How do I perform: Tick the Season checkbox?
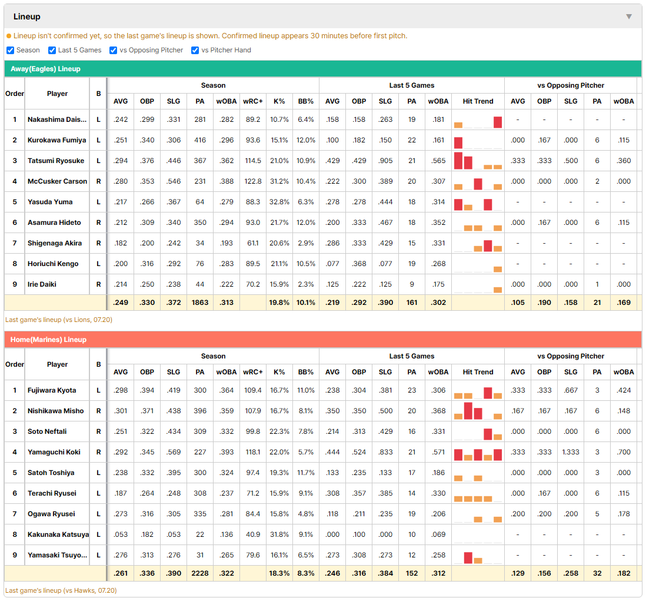click(11, 50)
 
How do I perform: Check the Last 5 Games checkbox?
click(52, 50)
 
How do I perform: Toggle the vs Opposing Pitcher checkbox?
click(114, 50)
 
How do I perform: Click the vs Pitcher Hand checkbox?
click(195, 50)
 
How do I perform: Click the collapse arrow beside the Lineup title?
click(629, 16)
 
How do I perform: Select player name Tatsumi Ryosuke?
click(56, 161)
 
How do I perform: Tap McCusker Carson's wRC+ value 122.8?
click(253, 181)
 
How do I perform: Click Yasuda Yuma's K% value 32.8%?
click(279, 202)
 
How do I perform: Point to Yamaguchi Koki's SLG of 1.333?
click(571, 452)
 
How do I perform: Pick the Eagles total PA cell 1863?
click(200, 303)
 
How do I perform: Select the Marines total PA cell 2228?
click(200, 573)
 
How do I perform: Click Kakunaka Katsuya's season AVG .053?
click(121, 534)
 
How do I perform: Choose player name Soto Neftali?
click(47, 431)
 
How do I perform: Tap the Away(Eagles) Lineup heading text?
click(45, 69)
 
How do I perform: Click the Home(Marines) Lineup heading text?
click(48, 340)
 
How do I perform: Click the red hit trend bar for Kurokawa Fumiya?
click(458, 142)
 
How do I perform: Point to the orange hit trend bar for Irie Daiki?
click(498, 290)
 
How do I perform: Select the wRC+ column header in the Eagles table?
click(253, 101)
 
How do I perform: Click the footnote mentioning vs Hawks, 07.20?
click(61, 590)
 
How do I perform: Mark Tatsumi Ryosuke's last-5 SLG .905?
click(385, 161)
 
